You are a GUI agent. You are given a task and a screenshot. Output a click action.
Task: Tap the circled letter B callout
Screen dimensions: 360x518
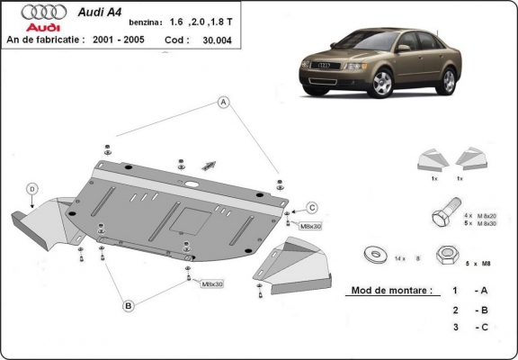129,306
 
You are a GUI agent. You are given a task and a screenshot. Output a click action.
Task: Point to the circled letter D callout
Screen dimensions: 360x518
32,189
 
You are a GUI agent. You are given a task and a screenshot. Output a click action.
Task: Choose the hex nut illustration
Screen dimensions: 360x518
444,256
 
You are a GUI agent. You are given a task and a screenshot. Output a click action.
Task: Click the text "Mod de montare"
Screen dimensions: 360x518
388,291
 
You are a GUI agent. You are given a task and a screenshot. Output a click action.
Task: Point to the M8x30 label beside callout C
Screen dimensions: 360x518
310,226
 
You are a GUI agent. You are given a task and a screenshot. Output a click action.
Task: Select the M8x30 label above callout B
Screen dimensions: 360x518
212,283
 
